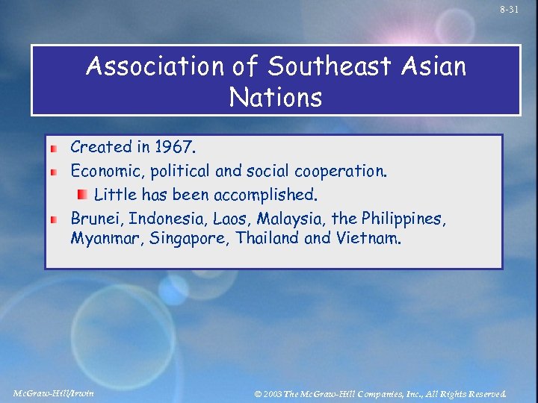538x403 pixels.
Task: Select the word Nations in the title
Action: click(x=276, y=97)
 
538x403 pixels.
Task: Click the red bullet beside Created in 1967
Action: click(x=55, y=149)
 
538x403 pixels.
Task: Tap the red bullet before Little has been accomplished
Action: click(x=82, y=195)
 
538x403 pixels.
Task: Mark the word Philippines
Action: click(x=403, y=219)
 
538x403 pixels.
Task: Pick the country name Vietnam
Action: click(x=371, y=240)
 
